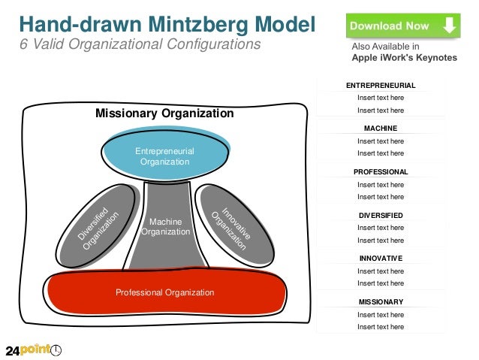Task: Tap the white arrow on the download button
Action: [448, 26]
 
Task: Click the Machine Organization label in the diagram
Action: [165, 227]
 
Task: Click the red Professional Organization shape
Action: [165, 292]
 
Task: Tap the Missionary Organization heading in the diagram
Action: [164, 113]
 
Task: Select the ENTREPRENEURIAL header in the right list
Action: [380, 86]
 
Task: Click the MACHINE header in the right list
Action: [380, 129]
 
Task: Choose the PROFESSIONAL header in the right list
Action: [380, 172]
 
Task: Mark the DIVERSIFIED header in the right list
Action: [380, 215]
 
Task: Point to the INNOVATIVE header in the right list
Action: [380, 259]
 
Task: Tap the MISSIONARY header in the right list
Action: [380, 302]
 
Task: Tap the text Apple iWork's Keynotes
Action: [404, 58]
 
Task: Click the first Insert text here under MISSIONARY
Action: [380, 315]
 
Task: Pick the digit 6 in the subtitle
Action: [23, 44]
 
